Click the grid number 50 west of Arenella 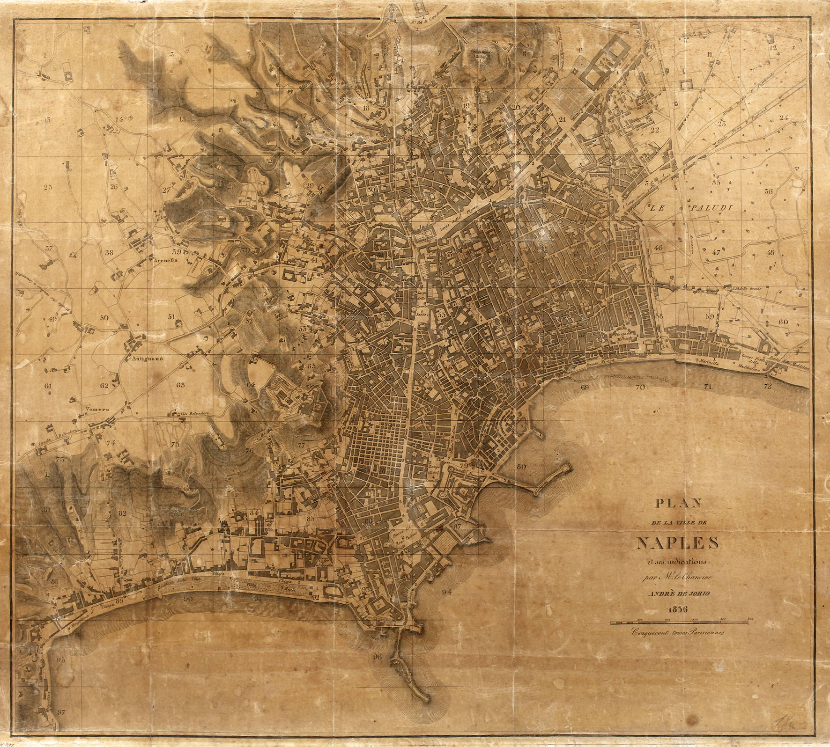[104, 317]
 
